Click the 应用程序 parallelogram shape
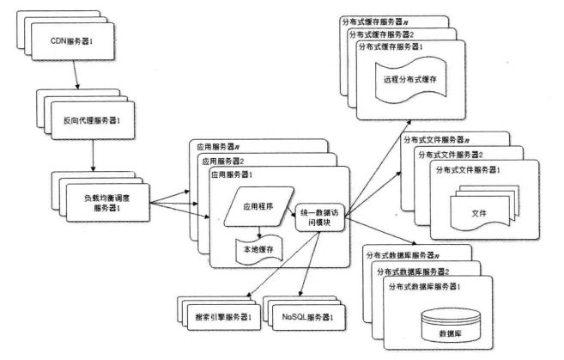coord(259,206)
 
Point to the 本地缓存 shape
coord(260,250)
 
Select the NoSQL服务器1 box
coord(307,316)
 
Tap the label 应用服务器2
coord(221,160)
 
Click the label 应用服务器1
coord(230,174)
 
